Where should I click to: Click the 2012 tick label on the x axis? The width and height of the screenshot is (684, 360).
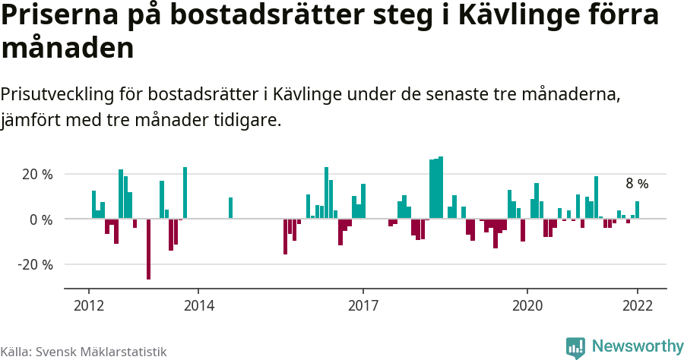click(x=88, y=305)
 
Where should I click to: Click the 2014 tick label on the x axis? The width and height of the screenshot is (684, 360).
click(x=198, y=305)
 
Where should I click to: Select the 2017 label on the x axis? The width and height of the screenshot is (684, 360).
click(x=363, y=305)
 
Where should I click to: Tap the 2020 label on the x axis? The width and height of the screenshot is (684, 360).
click(x=527, y=305)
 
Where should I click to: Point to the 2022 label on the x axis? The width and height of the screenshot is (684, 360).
click(x=637, y=305)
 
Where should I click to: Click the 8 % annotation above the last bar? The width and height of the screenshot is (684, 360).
click(x=637, y=184)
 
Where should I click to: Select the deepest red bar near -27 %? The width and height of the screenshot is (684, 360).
click(x=148, y=249)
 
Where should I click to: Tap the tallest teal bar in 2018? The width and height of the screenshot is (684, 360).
click(x=441, y=188)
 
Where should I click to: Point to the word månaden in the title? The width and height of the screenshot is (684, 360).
click(x=68, y=49)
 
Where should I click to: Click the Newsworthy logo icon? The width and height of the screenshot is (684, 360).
click(x=575, y=348)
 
